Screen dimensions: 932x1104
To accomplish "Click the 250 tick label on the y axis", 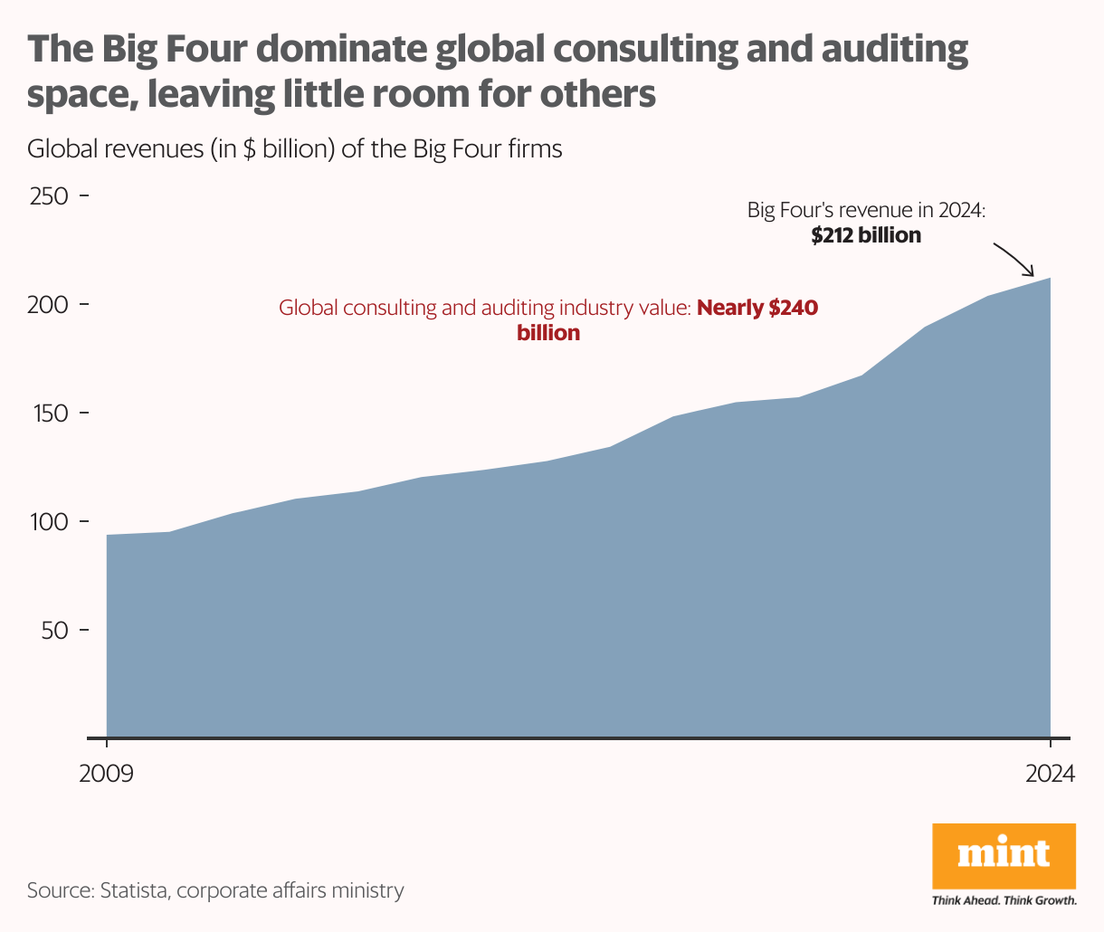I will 50,196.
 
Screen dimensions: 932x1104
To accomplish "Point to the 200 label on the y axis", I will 50,305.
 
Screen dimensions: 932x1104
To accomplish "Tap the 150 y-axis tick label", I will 50,414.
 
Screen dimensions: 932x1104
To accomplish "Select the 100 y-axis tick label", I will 50,522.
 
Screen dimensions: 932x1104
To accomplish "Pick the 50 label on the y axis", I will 55,631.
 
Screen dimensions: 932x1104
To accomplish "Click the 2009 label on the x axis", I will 106,775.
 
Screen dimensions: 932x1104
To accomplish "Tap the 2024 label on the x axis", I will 1050,775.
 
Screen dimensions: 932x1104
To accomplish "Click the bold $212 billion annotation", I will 866,236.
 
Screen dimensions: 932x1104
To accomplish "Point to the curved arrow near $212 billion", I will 1014,259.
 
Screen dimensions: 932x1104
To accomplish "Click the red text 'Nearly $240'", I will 757,308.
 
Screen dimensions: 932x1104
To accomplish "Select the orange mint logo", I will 1004,855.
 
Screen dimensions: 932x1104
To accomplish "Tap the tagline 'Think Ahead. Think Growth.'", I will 1004,900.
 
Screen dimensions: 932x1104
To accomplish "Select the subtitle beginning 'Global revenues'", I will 295,148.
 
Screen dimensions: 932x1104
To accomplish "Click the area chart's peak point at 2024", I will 1050,279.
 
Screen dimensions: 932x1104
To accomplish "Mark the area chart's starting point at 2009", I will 108,536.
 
